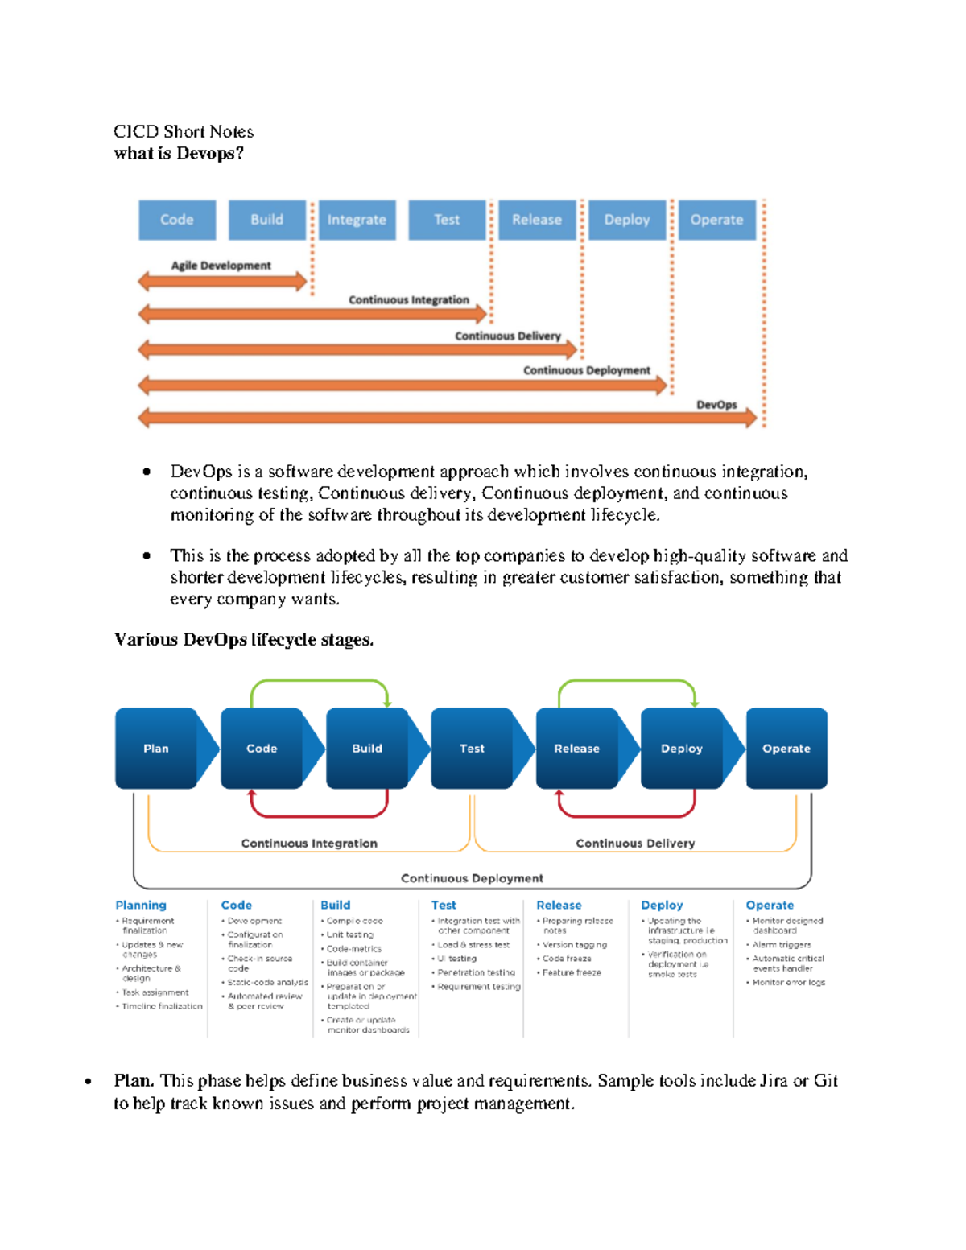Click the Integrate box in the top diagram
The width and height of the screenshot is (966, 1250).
pyautogui.click(x=357, y=220)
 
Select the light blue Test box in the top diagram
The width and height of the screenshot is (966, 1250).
pyautogui.click(x=447, y=220)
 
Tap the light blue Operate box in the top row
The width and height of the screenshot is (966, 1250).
pyautogui.click(x=716, y=220)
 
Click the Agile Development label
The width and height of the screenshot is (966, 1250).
pyautogui.click(x=221, y=266)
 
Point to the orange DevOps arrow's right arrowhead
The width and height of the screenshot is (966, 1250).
pyautogui.click(x=750, y=418)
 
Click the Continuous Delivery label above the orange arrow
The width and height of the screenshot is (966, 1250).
pyautogui.click(x=507, y=336)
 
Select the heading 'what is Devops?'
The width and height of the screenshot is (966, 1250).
pyautogui.click(x=179, y=153)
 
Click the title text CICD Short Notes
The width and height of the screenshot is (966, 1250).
pyautogui.click(x=184, y=131)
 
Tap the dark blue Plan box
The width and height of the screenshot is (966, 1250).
pyautogui.click(x=156, y=749)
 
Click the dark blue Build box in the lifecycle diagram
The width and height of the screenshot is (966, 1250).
pyautogui.click(x=367, y=749)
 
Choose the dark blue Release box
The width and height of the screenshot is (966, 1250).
pyautogui.click(x=576, y=749)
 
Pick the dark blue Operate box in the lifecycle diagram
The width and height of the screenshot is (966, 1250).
pyautogui.click(x=786, y=749)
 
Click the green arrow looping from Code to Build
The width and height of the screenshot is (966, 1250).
pyautogui.click(x=320, y=681)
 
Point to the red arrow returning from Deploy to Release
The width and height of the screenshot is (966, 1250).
pyautogui.click(x=626, y=815)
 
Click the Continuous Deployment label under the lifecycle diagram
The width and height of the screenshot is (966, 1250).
pyautogui.click(x=472, y=878)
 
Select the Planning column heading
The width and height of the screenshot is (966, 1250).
pyautogui.click(x=141, y=905)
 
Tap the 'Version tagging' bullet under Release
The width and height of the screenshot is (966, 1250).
pyautogui.click(x=574, y=945)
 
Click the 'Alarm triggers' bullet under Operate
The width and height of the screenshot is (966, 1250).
pyautogui.click(x=781, y=945)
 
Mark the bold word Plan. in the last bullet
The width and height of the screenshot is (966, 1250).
pyautogui.click(x=134, y=1080)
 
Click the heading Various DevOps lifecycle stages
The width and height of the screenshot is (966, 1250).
pyautogui.click(x=244, y=640)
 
